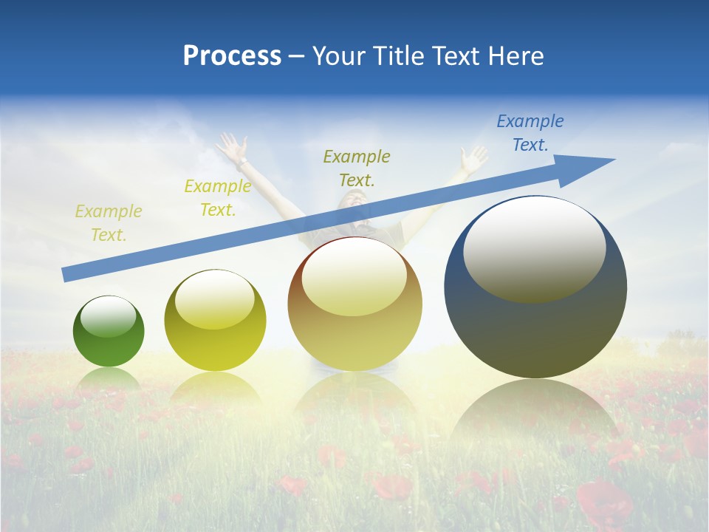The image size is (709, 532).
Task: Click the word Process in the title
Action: [232, 56]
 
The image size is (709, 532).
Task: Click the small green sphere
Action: [109, 331]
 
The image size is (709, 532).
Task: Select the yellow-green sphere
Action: [215, 321]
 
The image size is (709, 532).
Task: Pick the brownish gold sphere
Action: [354, 304]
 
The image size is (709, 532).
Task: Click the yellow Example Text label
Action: [218, 198]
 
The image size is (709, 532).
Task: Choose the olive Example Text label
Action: [357, 168]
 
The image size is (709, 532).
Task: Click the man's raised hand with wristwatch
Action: [233, 147]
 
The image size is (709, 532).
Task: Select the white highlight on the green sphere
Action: [108, 317]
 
